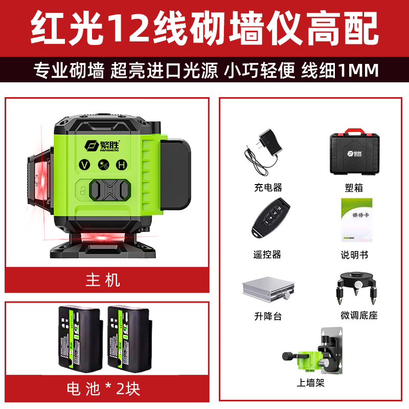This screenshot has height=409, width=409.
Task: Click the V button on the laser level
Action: [85, 165]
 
